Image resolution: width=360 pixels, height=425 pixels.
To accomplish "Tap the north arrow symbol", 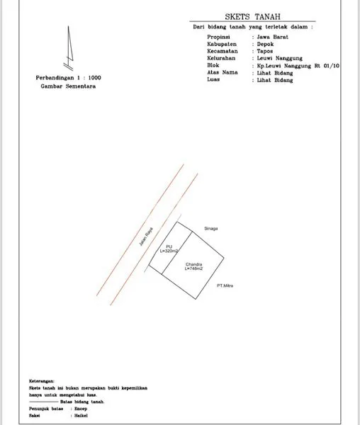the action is point(69,46).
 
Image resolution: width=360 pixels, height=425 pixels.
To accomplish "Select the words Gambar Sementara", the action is point(68,86).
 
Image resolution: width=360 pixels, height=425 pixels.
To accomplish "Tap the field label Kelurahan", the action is point(222,58).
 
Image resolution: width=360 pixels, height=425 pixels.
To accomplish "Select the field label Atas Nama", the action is point(223,72).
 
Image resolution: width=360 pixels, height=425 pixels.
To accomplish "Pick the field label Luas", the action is point(214,79).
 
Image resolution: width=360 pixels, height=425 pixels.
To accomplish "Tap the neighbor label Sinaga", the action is point(210,228).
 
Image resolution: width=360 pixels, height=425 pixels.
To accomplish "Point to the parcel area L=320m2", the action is point(169,251).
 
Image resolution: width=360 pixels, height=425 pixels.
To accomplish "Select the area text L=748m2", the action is point(194,269).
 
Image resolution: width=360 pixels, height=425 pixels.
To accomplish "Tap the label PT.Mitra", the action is point(226,285).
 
